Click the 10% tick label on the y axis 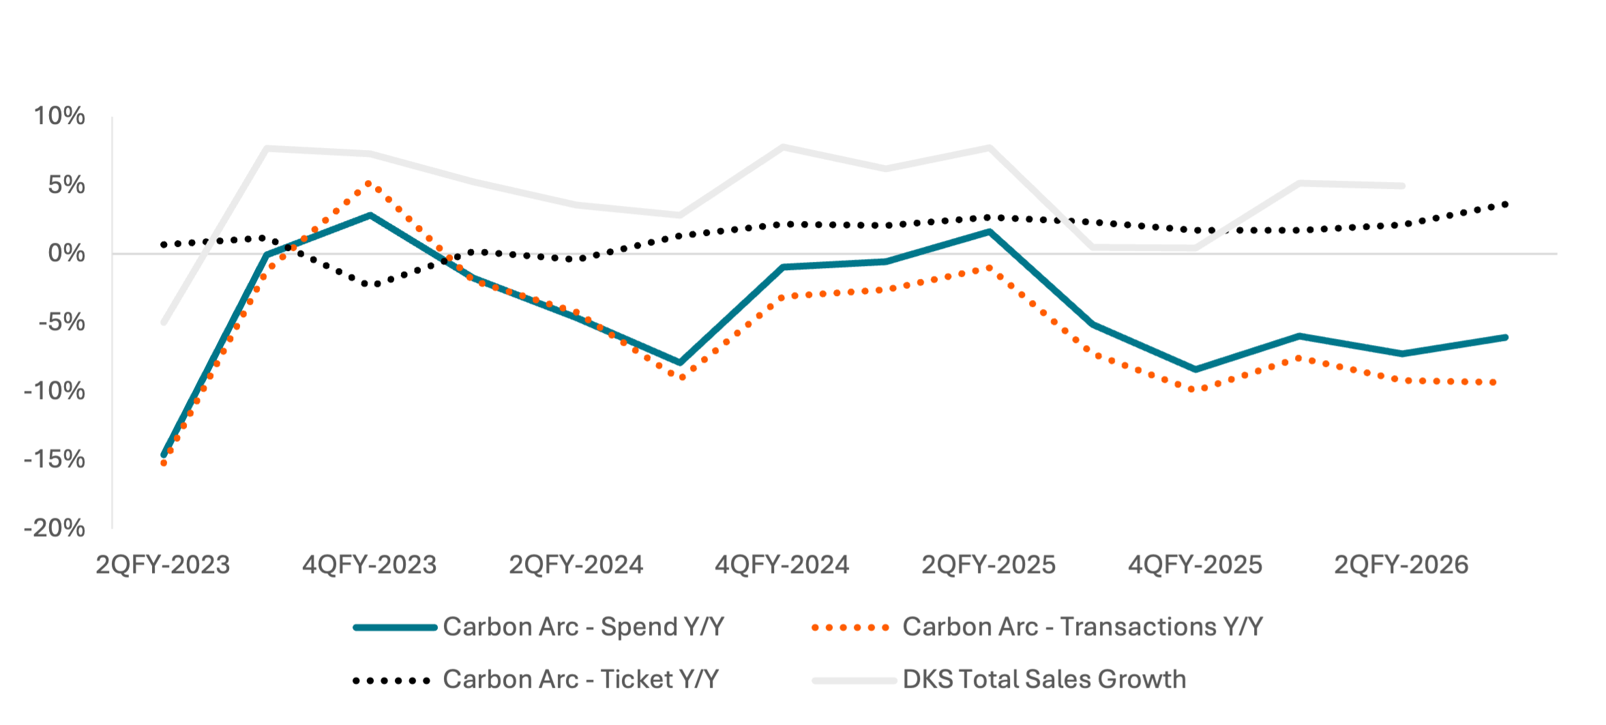click(x=60, y=117)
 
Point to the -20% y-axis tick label click(x=55, y=529)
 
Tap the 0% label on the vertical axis click(x=67, y=254)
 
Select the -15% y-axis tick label click(x=55, y=460)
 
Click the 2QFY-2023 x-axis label click(x=163, y=565)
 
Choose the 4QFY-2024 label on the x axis click(x=782, y=565)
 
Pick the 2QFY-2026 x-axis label click(x=1401, y=565)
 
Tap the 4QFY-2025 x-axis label click(x=1195, y=565)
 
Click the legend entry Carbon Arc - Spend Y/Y click(x=584, y=627)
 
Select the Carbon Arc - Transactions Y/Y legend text click(x=1083, y=627)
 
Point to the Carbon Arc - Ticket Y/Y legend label click(x=581, y=679)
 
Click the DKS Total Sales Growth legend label click(x=1045, y=679)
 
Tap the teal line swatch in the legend click(x=396, y=627)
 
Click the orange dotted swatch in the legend click(x=851, y=627)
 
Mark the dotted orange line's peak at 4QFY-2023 click(x=369, y=183)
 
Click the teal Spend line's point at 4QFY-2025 click(x=1195, y=370)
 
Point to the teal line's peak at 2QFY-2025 click(x=989, y=232)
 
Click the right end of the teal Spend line click(x=1505, y=338)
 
